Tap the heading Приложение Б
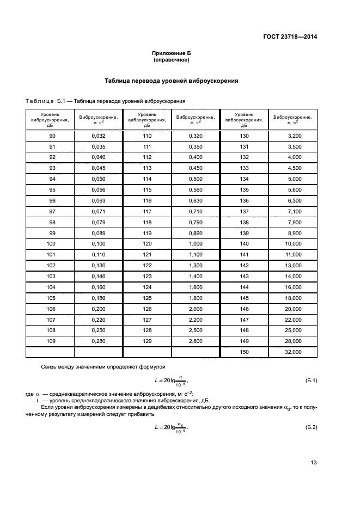(172, 53)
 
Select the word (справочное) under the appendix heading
(172, 59)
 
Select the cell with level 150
(243, 352)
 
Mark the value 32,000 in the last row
(294, 352)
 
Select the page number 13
(314, 463)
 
